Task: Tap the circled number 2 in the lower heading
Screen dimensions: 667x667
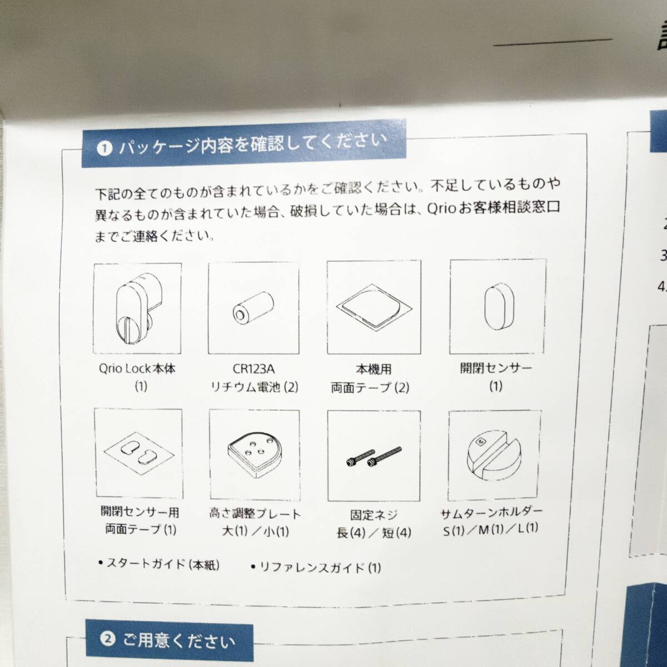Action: coord(109,640)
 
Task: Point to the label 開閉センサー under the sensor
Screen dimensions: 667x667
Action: coord(495,367)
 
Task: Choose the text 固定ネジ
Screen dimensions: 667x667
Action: coord(374,515)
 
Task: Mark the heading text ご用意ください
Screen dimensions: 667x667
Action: coord(179,643)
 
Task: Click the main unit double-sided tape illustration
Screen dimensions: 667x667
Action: coord(374,308)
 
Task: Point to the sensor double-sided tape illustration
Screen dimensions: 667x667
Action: coord(138,457)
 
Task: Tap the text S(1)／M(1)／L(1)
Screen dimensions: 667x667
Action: coord(491,531)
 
